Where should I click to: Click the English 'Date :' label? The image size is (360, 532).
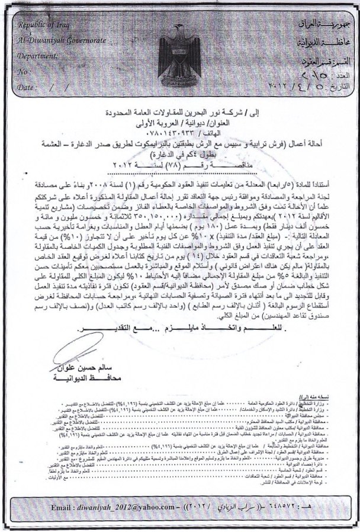pos(27,87)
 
